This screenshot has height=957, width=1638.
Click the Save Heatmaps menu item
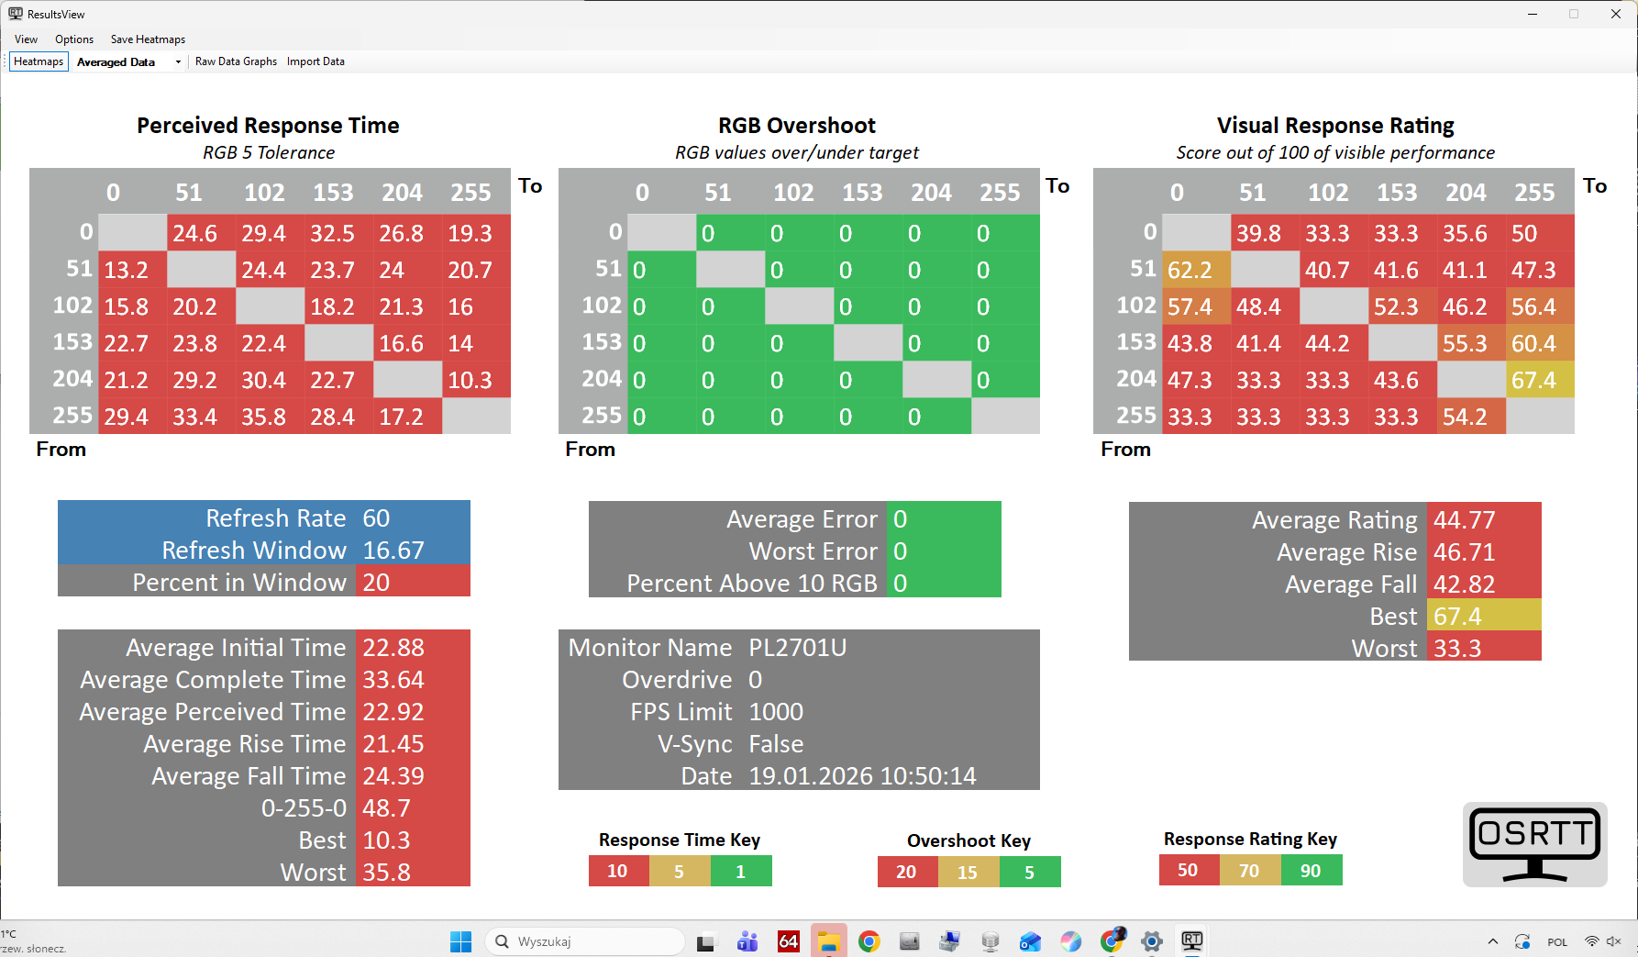click(148, 39)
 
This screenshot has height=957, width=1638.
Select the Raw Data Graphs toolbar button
click(236, 61)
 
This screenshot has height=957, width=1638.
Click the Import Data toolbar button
click(315, 61)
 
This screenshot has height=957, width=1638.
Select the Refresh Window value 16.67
click(393, 551)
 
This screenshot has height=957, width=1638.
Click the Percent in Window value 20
click(376, 583)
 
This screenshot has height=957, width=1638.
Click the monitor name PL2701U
click(797, 648)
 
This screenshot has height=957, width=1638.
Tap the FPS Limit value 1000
click(775, 712)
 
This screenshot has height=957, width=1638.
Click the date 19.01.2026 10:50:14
click(862, 776)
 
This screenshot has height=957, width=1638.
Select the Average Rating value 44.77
click(1464, 520)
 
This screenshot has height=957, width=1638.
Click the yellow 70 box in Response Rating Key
click(1249, 871)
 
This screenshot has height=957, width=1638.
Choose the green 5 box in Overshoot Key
click(1029, 872)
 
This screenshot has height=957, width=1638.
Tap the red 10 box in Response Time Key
click(617, 871)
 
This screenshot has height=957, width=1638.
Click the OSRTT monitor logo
click(1534, 844)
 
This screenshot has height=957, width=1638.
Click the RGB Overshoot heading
click(796, 126)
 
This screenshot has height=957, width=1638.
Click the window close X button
click(1615, 14)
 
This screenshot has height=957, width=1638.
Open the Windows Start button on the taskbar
click(460, 941)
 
